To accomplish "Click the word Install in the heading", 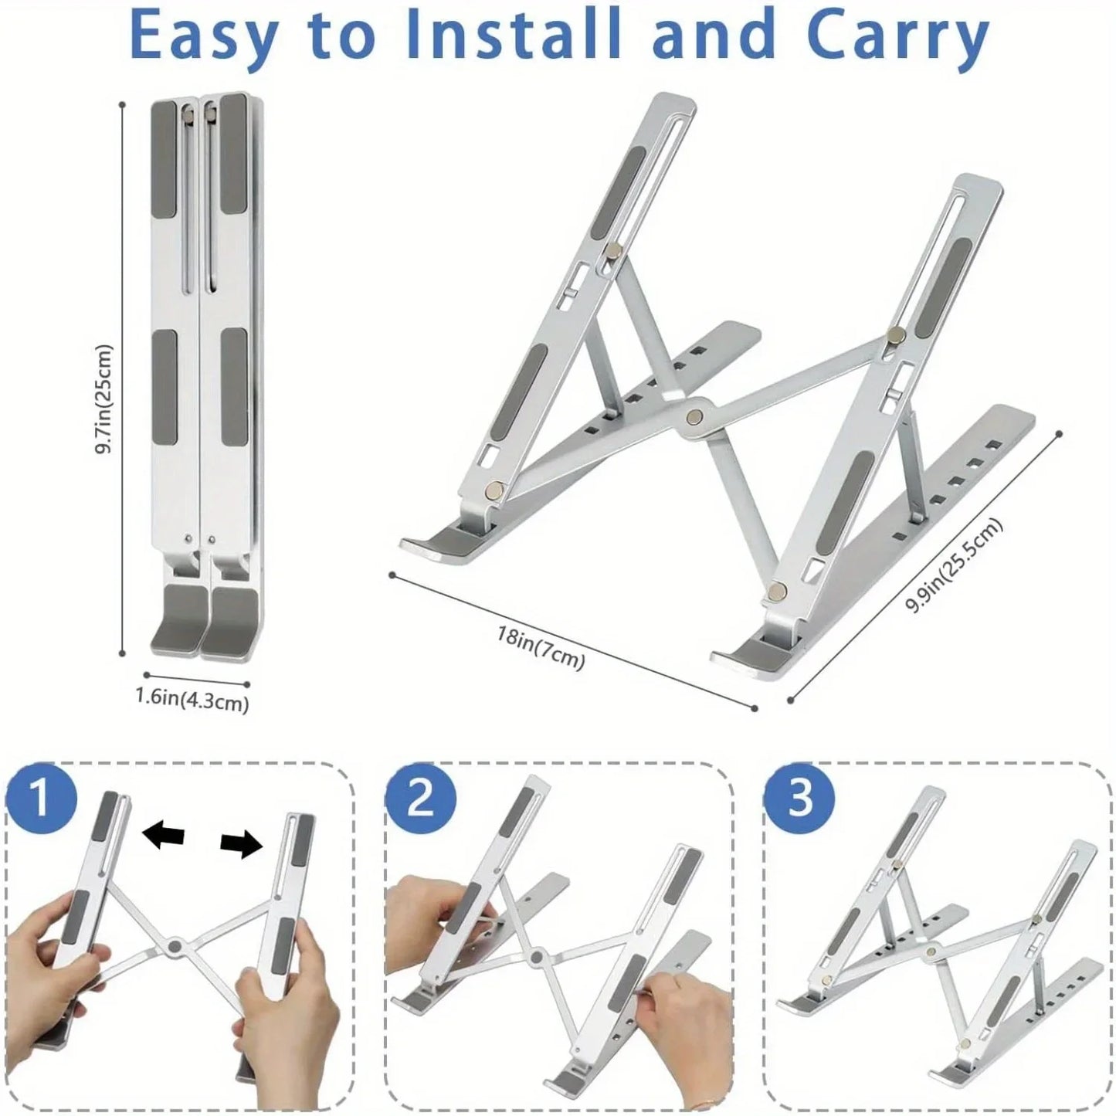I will coord(515,35).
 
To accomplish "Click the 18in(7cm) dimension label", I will coord(541,647).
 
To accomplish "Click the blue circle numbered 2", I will coord(420,798).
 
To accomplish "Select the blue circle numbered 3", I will coord(799,798).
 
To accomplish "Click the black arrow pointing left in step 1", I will coord(164,836).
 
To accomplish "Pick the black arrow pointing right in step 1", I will coord(242,845).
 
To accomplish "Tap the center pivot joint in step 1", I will coord(175,947).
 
